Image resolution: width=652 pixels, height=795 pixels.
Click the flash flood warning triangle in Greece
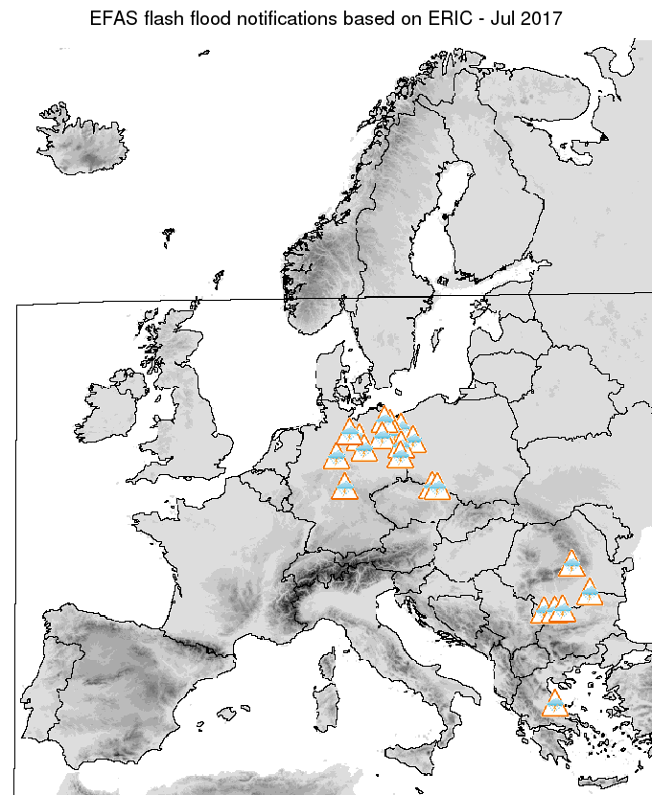[554, 705]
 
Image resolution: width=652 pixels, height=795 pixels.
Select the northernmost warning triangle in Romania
[572, 564]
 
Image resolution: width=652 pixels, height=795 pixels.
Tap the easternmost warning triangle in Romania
[589, 594]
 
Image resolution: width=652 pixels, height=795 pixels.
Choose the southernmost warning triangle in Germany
[344, 488]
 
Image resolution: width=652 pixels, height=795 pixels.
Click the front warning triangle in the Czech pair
[436, 488]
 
